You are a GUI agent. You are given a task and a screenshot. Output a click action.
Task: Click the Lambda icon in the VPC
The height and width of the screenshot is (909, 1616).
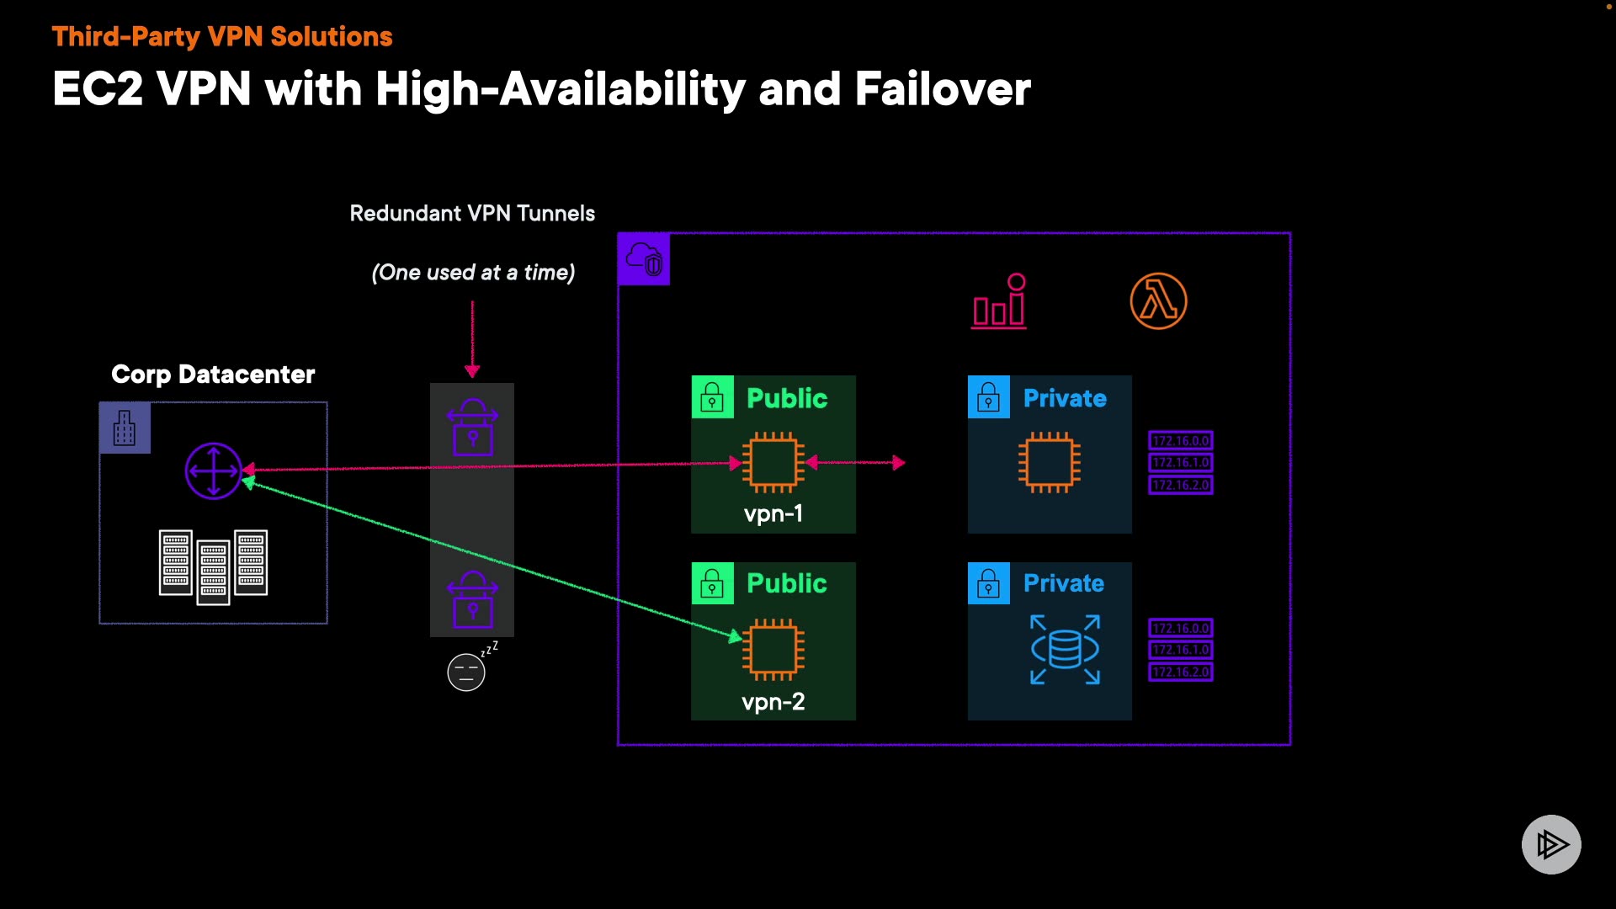click(1158, 300)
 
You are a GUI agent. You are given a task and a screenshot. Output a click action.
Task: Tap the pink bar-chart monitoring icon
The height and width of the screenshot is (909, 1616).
click(1000, 300)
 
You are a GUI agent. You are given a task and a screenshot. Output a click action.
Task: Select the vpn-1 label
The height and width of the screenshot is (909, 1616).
click(773, 513)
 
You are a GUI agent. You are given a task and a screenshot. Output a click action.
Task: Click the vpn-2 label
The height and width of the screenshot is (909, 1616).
click(773, 701)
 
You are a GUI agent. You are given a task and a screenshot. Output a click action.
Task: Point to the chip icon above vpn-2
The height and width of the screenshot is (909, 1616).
click(773, 649)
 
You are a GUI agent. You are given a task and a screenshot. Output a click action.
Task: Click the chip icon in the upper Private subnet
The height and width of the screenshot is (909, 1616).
click(1050, 462)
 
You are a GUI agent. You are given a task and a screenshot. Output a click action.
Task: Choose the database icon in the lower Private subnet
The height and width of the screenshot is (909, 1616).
click(1066, 649)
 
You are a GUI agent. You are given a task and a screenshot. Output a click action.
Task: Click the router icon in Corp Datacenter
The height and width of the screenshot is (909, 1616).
click(213, 470)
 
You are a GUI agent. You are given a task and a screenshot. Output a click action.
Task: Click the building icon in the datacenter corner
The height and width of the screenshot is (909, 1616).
click(125, 428)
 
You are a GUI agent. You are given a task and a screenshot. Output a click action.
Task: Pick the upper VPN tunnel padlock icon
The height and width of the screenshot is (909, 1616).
click(472, 427)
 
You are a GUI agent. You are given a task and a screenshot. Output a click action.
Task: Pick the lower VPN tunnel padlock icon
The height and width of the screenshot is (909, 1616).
click(472, 599)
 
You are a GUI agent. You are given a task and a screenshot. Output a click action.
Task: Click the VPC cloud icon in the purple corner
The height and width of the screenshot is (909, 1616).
click(644, 259)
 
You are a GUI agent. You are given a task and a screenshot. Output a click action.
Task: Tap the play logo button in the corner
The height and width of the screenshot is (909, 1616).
click(1551, 844)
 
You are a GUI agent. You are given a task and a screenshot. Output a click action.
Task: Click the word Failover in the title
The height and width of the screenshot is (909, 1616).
click(943, 88)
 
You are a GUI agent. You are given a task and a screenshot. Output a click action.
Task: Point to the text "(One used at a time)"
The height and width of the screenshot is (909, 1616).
click(473, 272)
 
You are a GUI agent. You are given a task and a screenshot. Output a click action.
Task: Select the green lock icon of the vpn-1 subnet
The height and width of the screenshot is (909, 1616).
click(712, 397)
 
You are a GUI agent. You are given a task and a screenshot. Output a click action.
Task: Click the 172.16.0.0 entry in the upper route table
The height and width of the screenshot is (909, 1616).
click(1181, 440)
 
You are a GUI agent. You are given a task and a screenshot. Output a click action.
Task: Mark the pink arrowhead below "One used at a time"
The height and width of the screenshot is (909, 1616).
click(472, 371)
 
